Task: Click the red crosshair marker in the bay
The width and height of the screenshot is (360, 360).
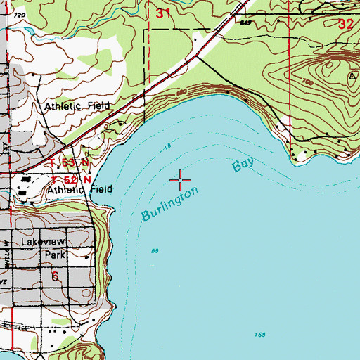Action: tap(181, 181)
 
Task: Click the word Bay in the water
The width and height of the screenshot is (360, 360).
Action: tap(243, 167)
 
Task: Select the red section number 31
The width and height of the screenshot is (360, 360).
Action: tap(163, 13)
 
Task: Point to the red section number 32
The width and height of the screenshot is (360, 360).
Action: tap(346, 22)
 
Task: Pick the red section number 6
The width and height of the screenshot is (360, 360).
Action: tap(54, 276)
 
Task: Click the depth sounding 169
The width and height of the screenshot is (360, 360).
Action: tap(260, 334)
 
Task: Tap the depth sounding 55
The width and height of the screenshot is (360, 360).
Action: tap(155, 250)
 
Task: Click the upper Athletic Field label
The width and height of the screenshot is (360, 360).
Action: tap(78, 107)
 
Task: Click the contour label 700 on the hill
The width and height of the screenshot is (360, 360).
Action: tap(307, 82)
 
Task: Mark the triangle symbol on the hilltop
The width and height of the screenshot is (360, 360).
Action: tap(351, 75)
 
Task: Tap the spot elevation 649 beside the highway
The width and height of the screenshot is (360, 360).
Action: tap(245, 22)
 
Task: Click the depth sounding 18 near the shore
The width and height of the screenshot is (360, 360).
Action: tap(167, 146)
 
